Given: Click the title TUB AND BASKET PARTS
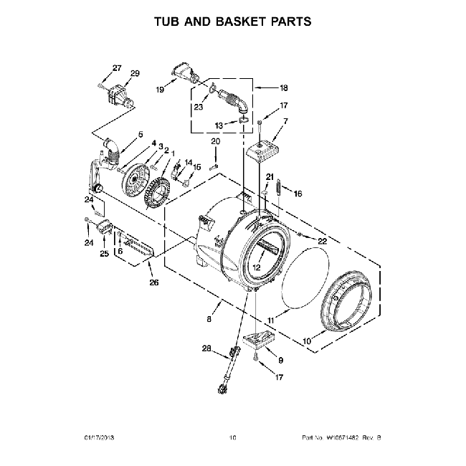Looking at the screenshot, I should tap(233, 22).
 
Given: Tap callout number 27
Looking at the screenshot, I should tap(117, 68).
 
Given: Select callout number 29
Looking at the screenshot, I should tap(134, 74).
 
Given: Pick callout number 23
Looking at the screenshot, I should tap(197, 108).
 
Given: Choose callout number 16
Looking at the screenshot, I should tap(298, 193).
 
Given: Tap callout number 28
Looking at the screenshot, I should tap(206, 349).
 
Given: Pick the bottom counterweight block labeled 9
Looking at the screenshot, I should tap(260, 340).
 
